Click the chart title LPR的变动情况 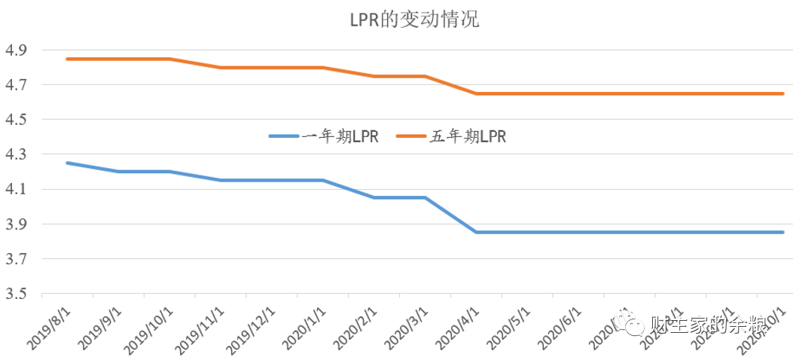414,20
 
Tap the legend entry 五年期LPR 468,136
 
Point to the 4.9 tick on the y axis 17,50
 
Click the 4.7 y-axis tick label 17,85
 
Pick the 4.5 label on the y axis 17,120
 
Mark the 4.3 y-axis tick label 17,154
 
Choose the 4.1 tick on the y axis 17,189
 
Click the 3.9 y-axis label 17,224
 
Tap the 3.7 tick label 17,259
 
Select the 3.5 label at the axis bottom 17,294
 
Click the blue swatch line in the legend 285,136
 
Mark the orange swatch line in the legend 411,136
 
